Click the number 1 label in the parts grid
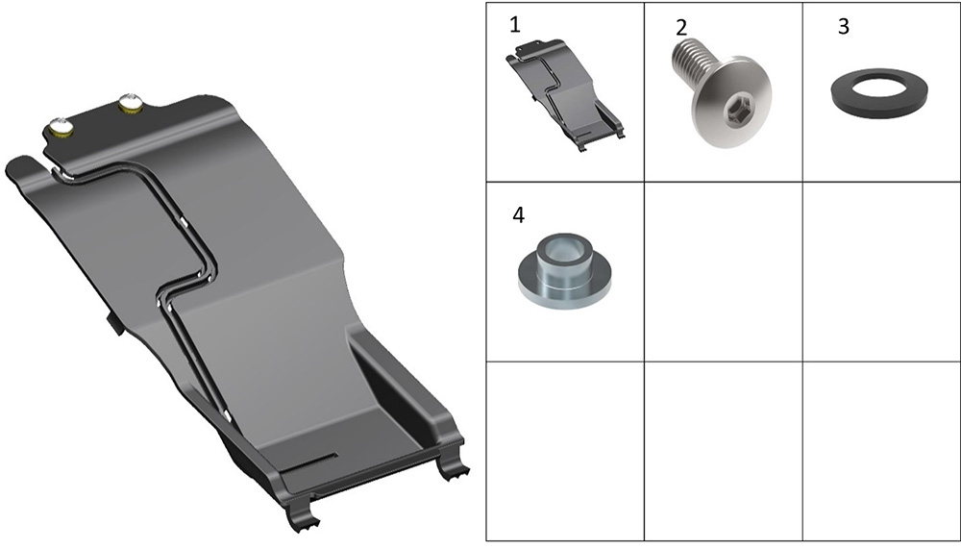[515, 25]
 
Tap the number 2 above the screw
[681, 28]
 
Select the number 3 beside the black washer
[844, 26]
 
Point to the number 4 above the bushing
[519, 215]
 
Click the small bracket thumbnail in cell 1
[565, 95]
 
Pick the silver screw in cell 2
[724, 93]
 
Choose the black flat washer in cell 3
[879, 91]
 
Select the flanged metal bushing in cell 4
[564, 270]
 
